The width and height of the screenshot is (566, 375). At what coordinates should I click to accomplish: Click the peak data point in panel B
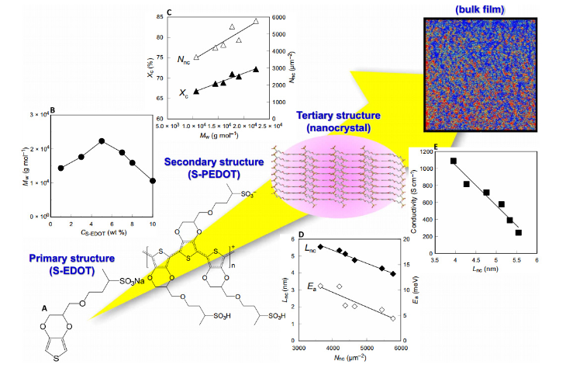click(x=102, y=141)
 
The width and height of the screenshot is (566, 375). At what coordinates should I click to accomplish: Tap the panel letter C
click(x=169, y=13)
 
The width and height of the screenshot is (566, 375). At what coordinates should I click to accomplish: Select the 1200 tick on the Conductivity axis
click(x=426, y=151)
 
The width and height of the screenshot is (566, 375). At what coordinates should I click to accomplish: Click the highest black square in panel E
click(x=454, y=161)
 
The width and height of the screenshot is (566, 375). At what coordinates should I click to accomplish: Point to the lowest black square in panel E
click(x=519, y=232)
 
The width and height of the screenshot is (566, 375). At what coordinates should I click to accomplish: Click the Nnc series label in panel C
click(x=184, y=60)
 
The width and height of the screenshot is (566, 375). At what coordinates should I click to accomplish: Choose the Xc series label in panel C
click(x=184, y=93)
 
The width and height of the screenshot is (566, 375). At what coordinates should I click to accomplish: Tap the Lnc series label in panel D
click(x=310, y=248)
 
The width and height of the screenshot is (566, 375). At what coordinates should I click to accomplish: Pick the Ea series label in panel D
click(x=312, y=286)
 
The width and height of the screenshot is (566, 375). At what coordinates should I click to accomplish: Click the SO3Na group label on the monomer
click(x=132, y=281)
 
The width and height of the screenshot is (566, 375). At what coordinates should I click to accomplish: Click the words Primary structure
click(x=72, y=259)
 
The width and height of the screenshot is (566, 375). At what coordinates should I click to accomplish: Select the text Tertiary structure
click(x=338, y=116)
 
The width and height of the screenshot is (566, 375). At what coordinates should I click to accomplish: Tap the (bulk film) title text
click(x=480, y=9)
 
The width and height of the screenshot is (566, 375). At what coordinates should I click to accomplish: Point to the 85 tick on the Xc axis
click(x=160, y=16)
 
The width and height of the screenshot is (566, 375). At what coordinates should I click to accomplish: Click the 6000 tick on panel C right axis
click(x=278, y=17)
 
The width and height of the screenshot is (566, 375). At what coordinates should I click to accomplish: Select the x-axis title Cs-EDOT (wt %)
click(x=104, y=232)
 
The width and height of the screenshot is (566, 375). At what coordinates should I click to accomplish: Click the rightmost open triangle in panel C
click(x=256, y=21)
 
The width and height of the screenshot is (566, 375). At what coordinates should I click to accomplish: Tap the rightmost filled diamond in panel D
click(x=393, y=274)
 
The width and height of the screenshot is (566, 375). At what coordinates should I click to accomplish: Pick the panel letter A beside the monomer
click(x=44, y=308)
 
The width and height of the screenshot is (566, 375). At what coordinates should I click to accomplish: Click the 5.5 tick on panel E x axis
click(x=516, y=260)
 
